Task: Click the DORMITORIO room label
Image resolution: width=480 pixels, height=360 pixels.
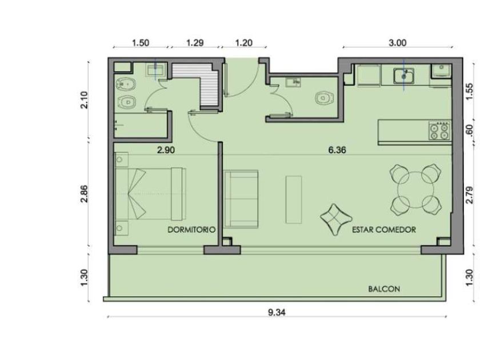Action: click(x=191, y=230)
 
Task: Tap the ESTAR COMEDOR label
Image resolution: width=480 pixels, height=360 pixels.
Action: click(x=384, y=230)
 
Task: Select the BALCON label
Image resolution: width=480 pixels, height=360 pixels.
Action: click(x=384, y=289)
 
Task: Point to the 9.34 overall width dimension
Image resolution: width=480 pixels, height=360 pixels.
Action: click(x=277, y=313)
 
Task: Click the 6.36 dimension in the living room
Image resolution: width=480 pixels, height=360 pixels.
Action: click(x=337, y=150)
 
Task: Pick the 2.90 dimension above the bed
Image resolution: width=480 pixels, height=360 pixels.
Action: click(x=166, y=150)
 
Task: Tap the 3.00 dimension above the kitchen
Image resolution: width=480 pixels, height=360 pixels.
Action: click(x=398, y=43)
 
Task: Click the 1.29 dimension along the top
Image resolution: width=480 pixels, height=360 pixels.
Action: click(x=195, y=43)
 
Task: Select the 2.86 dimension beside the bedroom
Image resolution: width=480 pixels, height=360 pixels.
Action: click(x=84, y=194)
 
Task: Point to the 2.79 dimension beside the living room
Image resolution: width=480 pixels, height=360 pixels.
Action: click(x=469, y=195)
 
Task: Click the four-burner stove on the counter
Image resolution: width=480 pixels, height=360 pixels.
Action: click(x=440, y=131)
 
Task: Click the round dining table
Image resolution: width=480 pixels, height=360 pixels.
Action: click(x=416, y=190)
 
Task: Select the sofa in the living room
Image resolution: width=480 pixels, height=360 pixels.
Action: click(x=241, y=199)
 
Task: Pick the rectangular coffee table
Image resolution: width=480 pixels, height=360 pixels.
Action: click(x=294, y=199)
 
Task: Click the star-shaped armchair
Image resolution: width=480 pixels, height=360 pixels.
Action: click(x=336, y=219)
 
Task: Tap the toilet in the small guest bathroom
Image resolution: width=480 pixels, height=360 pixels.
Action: click(x=324, y=98)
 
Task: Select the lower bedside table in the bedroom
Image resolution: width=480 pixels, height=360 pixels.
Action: click(x=121, y=228)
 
